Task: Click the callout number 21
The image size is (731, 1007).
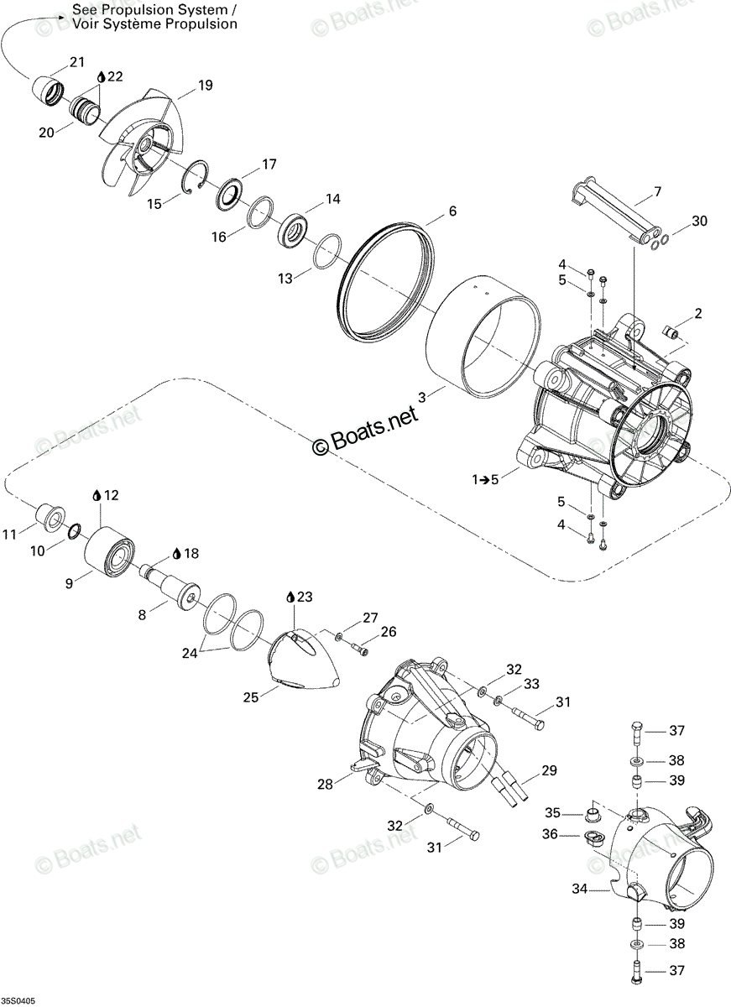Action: (x=77, y=62)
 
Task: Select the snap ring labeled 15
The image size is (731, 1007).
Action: (x=196, y=178)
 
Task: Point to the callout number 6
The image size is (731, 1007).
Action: (x=452, y=211)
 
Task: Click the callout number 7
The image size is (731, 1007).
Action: (x=658, y=192)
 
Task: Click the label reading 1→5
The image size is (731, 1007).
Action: (x=485, y=480)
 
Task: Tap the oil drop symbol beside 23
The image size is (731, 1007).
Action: (x=291, y=597)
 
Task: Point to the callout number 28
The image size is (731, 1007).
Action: (x=326, y=784)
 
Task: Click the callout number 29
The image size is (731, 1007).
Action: (x=548, y=770)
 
